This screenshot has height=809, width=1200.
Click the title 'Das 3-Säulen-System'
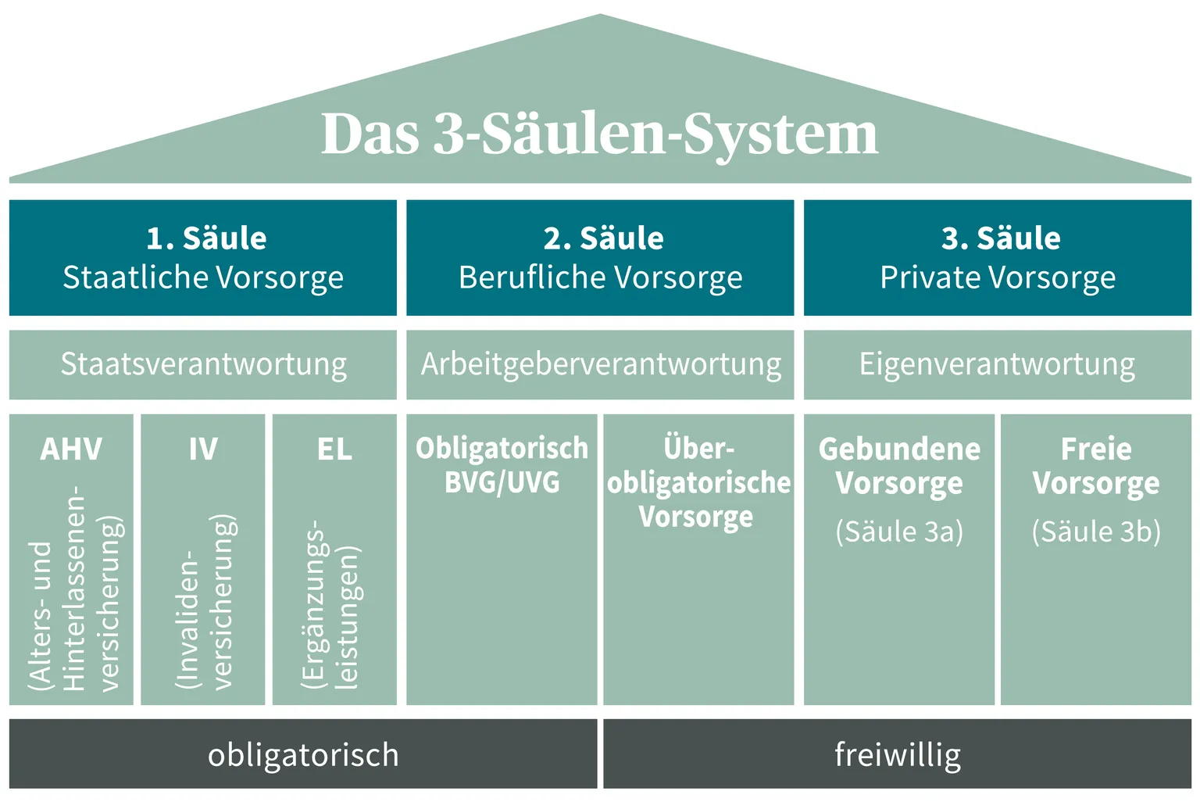599,134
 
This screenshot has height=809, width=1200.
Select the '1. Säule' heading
207,238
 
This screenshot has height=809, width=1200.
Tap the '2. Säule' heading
604,238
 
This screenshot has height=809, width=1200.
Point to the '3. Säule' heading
1001,238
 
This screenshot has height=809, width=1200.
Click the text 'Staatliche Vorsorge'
203,278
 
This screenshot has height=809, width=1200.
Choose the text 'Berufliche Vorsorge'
601,278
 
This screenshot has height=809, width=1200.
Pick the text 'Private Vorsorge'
998,278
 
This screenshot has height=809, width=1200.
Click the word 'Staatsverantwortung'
204,364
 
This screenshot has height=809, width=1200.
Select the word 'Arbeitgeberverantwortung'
601,364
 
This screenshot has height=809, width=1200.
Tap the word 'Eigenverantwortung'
997,364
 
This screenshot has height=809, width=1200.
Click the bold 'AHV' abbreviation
71,449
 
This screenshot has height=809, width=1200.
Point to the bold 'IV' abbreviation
203,449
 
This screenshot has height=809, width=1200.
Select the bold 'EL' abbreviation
335,449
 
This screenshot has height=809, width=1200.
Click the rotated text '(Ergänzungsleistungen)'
331,605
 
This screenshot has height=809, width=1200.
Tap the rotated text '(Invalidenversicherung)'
205,602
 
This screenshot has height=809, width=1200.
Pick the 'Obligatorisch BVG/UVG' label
502,465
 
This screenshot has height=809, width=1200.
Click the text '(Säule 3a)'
899,532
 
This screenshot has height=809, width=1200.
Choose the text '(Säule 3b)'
1096,532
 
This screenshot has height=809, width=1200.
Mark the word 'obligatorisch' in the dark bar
303,756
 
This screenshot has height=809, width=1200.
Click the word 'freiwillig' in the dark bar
898,756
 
